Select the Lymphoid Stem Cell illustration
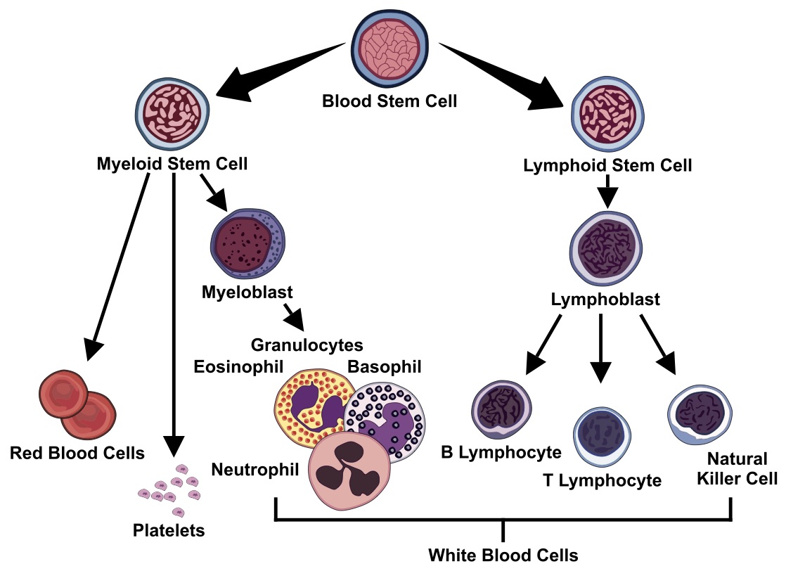(x=606, y=114)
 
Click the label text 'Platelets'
(x=169, y=530)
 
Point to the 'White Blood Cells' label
(x=503, y=556)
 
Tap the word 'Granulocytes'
(x=307, y=345)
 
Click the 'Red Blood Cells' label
(x=77, y=453)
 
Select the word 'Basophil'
(x=385, y=367)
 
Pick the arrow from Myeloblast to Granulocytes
(x=294, y=317)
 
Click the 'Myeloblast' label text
(x=236, y=291)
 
